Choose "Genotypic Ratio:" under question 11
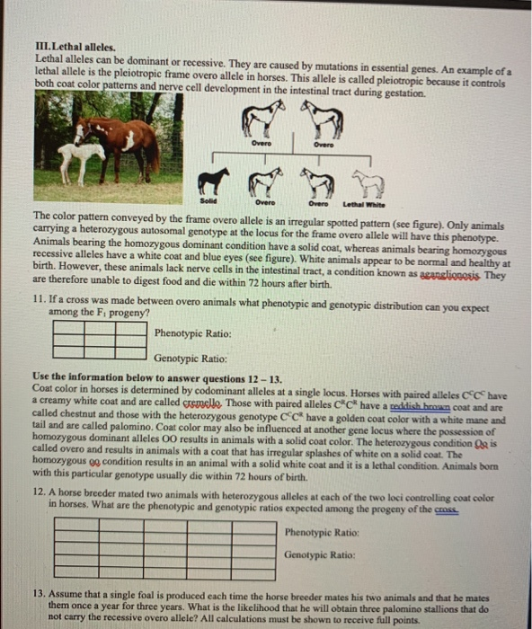click(x=186, y=357)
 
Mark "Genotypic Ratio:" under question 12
click(x=315, y=554)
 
